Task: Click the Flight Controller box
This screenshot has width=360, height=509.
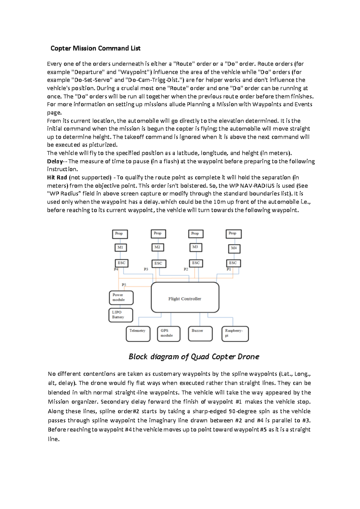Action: click(185, 297)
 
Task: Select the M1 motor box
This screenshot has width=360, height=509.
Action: click(121, 248)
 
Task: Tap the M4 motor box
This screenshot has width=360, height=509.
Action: click(234, 248)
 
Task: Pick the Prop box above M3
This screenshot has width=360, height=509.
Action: click(195, 234)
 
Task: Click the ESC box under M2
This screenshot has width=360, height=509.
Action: click(158, 263)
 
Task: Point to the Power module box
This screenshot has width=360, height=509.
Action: click(121, 297)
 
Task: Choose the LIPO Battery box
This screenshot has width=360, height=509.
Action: click(121, 315)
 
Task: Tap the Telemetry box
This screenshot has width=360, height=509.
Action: click(138, 334)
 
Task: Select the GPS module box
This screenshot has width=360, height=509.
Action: click(169, 334)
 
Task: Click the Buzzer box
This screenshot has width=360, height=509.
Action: click(200, 334)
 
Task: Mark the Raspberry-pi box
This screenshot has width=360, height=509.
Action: click(235, 334)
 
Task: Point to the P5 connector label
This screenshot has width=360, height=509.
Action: click(124, 284)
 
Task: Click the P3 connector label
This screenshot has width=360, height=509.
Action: click(146, 269)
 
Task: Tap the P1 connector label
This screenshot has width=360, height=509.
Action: click(229, 269)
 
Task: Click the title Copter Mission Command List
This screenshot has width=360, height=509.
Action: click(95, 48)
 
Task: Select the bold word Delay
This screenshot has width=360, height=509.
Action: click(55, 161)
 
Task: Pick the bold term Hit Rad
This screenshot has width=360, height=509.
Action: click(57, 177)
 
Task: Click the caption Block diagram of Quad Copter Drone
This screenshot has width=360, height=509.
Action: click(194, 356)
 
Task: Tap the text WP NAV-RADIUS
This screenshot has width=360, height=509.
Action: click(256, 186)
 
